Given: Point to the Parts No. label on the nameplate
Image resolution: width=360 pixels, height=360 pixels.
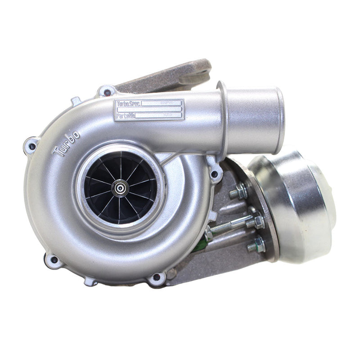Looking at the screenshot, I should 125,116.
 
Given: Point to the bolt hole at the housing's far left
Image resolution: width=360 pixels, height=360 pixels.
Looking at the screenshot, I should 31,145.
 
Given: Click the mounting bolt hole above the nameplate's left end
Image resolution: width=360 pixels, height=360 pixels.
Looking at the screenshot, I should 107,92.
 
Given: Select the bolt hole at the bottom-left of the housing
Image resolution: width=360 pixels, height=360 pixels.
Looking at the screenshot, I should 53,260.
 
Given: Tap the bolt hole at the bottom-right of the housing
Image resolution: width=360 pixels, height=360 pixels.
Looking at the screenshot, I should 157,278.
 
